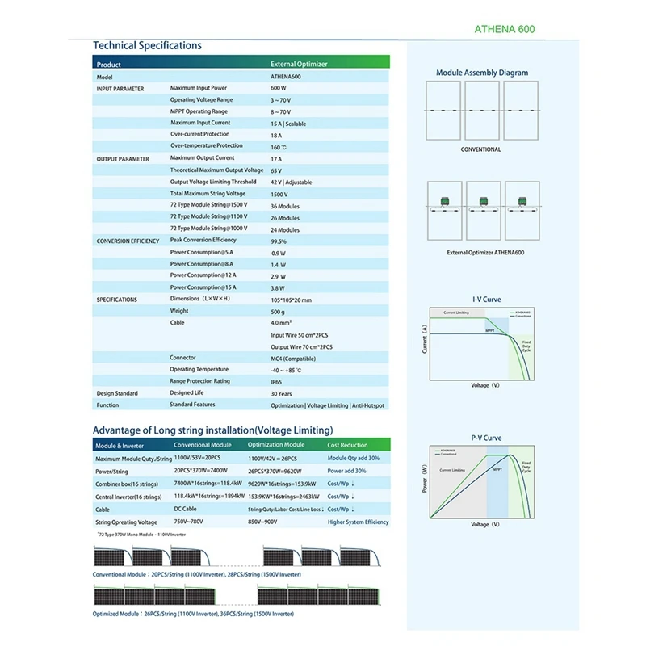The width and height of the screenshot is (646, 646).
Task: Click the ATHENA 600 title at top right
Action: (x=504, y=30)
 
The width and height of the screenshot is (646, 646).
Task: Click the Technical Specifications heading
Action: (x=147, y=46)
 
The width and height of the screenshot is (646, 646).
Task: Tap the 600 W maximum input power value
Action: (x=279, y=88)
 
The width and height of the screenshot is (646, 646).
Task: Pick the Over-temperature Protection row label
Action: (x=206, y=146)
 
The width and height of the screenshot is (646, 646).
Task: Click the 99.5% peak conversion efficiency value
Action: (x=279, y=241)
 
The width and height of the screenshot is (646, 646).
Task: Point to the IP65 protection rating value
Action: (x=277, y=381)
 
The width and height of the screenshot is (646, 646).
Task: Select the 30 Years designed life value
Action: (x=281, y=393)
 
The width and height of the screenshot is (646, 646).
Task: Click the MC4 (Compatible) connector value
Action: (x=293, y=358)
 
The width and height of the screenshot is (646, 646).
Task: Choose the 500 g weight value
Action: (x=279, y=311)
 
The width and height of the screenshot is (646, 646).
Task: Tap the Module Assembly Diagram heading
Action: (x=482, y=73)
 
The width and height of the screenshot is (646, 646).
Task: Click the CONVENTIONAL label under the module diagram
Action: (x=480, y=149)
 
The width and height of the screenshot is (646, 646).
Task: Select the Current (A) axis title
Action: (x=424, y=340)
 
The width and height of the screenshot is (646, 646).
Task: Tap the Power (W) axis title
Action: (x=424, y=480)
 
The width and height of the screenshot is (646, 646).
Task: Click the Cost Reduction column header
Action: (x=347, y=445)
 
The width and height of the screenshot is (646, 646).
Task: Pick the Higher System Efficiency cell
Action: (x=358, y=522)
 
